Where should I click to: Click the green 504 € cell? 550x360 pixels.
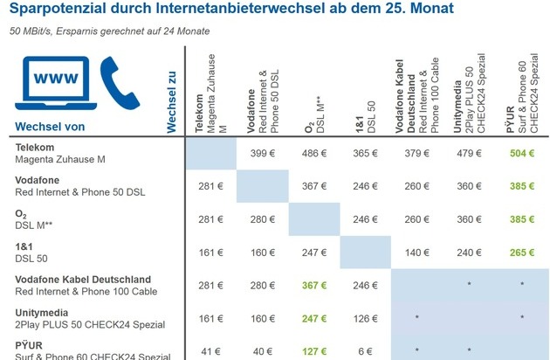[x=521, y=153]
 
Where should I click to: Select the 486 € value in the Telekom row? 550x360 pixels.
[x=314, y=153]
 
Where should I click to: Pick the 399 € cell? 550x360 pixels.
[x=263, y=153]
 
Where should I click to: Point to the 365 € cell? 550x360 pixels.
[x=366, y=153]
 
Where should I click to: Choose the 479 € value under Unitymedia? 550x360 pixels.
[x=469, y=153]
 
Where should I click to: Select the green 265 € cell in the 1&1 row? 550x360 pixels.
[x=521, y=252]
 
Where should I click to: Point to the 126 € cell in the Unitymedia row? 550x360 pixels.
[x=366, y=317]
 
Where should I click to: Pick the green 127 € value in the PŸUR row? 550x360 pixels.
[x=314, y=350]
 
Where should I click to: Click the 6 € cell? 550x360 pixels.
[x=366, y=350]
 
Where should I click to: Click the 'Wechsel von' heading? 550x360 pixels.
[x=50, y=127]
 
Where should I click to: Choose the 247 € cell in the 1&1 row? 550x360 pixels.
[x=314, y=252]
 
